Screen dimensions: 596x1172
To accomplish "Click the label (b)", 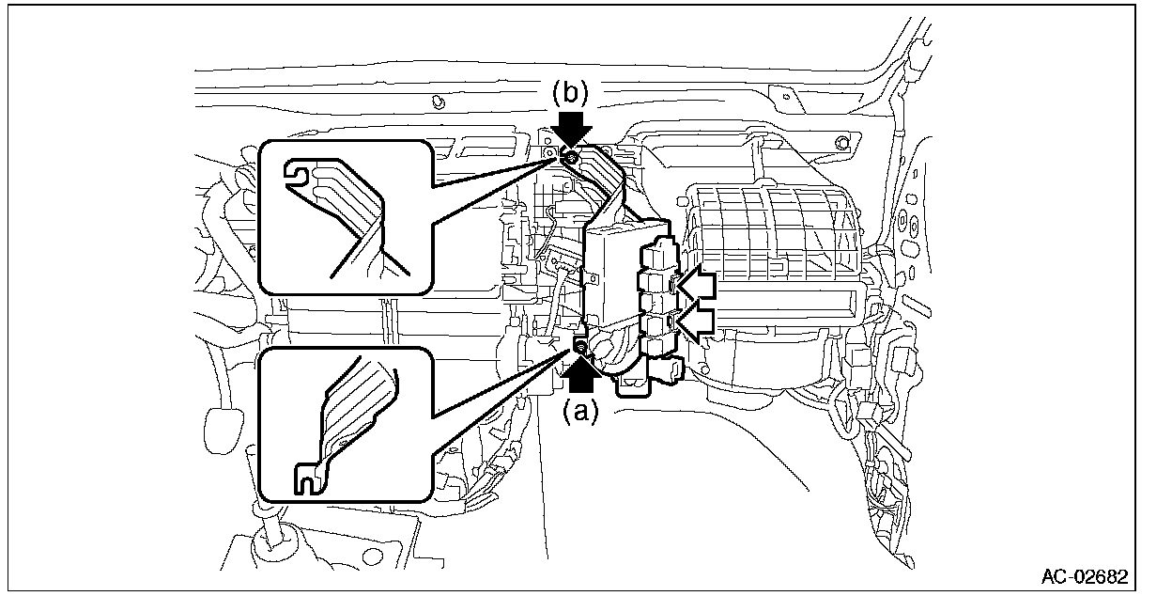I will click(569, 92).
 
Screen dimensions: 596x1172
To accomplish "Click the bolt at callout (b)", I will click(569, 155).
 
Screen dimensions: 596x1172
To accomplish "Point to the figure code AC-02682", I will click(1084, 575).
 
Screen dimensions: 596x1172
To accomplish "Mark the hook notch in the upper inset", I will click(299, 174).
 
